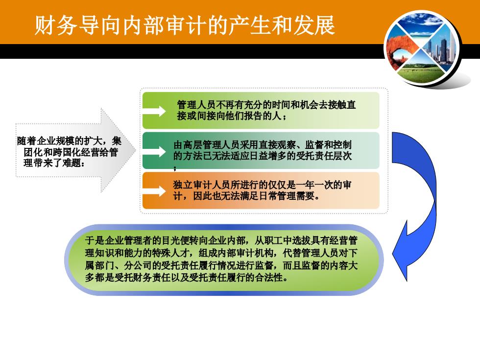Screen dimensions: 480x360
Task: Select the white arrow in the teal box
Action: [x=154, y=151]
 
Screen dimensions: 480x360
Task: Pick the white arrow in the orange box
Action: [x=154, y=191]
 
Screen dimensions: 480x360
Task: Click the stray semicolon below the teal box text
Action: [x=175, y=168]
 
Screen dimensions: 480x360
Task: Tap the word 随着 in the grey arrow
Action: [x=26, y=141]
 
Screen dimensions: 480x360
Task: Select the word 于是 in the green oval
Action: [x=95, y=240]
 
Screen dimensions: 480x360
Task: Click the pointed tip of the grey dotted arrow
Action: [x=136, y=150]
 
